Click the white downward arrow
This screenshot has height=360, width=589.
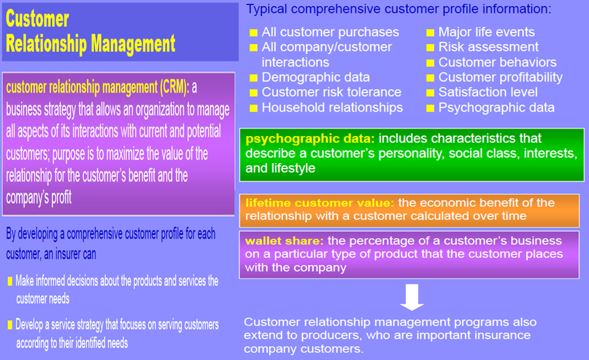(x=413, y=299)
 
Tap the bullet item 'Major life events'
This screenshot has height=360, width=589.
(x=486, y=32)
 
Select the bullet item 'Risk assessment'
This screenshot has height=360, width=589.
(x=488, y=47)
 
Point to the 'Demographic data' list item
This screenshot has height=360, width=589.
(x=315, y=77)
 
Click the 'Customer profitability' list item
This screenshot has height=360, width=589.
(x=500, y=77)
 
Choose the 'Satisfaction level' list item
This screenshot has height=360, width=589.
(x=488, y=93)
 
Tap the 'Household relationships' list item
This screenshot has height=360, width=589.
(x=332, y=107)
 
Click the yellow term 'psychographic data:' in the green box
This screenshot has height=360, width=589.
(x=310, y=139)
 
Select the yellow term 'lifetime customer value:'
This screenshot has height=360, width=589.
(x=320, y=203)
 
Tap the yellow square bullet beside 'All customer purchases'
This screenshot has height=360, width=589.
(x=253, y=33)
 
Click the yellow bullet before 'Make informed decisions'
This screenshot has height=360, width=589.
(x=10, y=281)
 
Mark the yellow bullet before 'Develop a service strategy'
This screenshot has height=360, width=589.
(x=10, y=324)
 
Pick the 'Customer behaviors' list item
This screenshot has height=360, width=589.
(x=497, y=63)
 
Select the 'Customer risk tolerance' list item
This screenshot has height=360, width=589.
(x=331, y=93)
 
